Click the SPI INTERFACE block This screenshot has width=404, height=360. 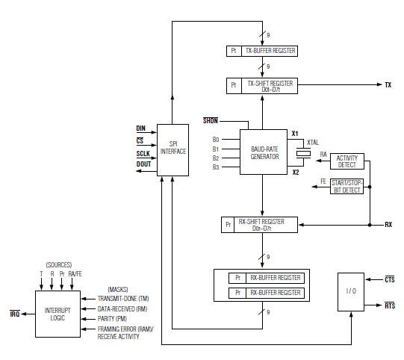click(173, 150)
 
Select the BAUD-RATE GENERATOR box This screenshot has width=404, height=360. click(264, 152)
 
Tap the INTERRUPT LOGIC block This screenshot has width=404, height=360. click(58, 314)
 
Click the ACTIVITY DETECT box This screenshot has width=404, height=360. click(347, 161)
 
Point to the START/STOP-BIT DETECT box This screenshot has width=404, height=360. click(346, 186)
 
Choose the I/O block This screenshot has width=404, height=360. click(351, 292)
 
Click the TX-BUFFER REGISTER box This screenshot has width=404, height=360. click(262, 51)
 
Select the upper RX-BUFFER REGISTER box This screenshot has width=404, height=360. click(267, 278)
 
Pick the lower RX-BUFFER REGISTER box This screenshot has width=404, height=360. click(267, 293)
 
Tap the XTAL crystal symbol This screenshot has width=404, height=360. click(303, 154)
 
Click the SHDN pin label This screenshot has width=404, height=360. click(211, 120)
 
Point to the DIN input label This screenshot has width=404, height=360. click(140, 128)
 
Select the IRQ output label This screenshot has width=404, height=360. click(15, 314)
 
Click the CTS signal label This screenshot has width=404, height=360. click(390, 279)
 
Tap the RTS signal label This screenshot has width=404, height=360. click(390, 305)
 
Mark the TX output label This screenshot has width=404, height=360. click(388, 85)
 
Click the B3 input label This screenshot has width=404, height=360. click(216, 167)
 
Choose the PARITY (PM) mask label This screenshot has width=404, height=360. click(112, 319)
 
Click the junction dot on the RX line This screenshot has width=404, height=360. click(370, 225)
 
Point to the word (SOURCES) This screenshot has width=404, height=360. click(59, 265)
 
